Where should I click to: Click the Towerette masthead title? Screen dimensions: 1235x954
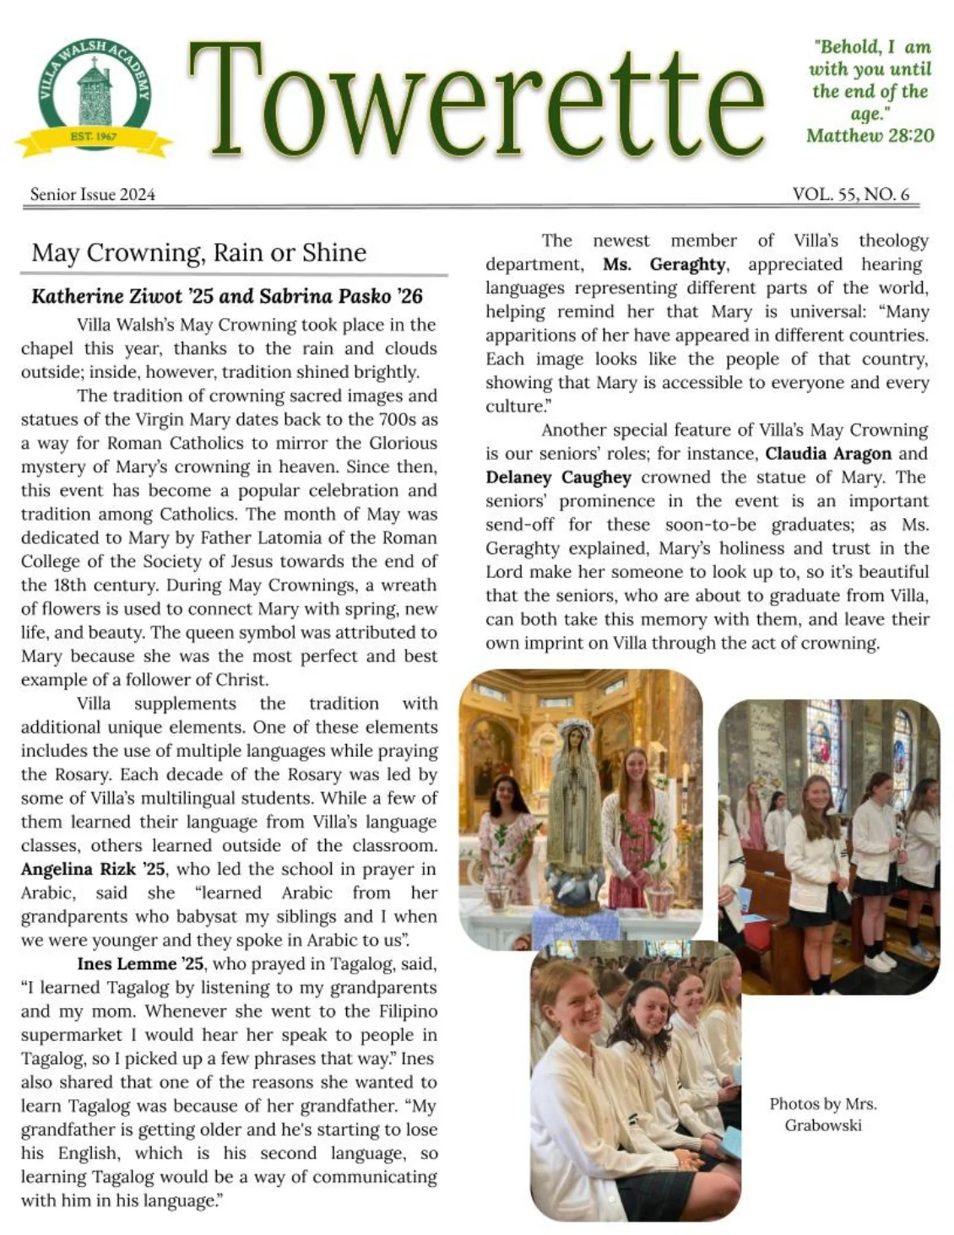(x=477, y=100)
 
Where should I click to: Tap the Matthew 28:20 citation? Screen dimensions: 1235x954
(x=870, y=135)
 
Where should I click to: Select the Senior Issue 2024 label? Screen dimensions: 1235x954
(x=93, y=194)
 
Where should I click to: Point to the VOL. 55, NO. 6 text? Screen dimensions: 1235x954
(x=850, y=194)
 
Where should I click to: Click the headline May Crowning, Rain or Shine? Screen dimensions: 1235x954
(x=199, y=252)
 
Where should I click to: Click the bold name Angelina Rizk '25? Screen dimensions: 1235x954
(x=93, y=869)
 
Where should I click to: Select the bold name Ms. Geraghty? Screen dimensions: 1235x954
(x=664, y=264)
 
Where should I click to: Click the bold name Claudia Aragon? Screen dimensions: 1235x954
(x=828, y=453)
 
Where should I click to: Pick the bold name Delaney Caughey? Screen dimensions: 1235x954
(x=558, y=477)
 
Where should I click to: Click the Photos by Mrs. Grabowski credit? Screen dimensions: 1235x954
(x=822, y=1114)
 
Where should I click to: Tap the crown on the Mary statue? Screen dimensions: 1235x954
(x=577, y=727)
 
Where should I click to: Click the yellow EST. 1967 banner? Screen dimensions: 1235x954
(x=93, y=138)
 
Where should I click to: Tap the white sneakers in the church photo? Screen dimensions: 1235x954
(x=878, y=962)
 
